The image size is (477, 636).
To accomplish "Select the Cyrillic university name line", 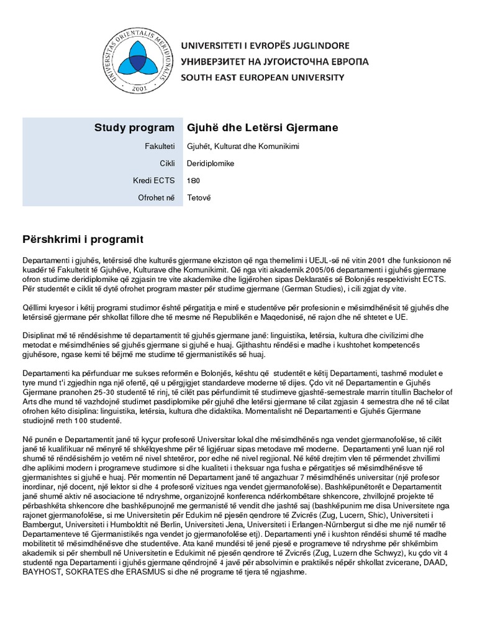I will (x=275, y=61).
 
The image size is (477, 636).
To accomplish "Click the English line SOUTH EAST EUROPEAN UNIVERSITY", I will (x=262, y=78).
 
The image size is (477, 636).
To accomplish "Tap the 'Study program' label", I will (x=134, y=128).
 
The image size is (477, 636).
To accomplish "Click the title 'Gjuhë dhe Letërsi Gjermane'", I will (x=263, y=128).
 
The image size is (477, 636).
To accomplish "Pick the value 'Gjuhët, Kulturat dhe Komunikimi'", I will (x=242, y=147).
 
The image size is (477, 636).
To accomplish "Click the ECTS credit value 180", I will (x=194, y=181).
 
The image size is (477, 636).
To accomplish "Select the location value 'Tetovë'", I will (x=199, y=198).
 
